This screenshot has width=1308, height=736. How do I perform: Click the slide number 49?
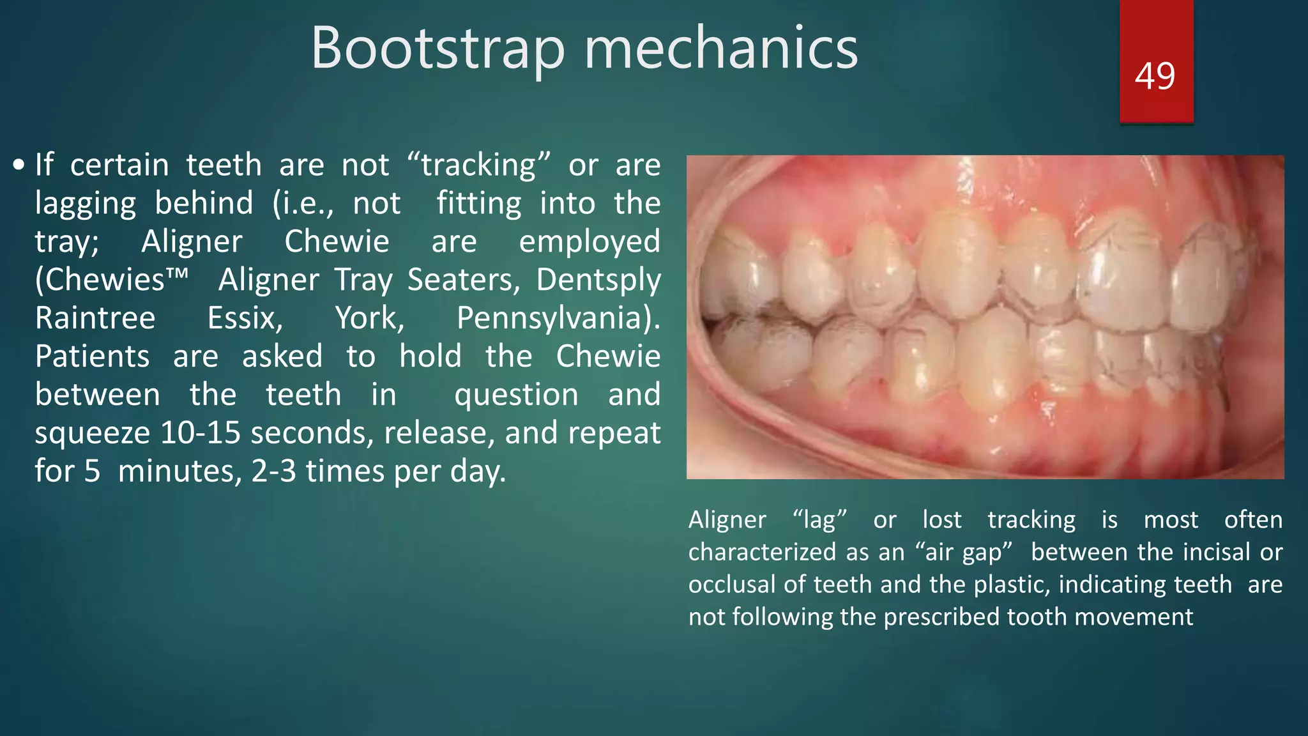click(1155, 76)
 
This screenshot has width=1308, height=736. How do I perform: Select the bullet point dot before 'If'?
click(19, 165)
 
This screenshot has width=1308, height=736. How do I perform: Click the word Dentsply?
click(598, 280)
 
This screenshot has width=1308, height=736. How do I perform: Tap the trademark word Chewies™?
click(112, 280)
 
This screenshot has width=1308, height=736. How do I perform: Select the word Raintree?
click(95, 318)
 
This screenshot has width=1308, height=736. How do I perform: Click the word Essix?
click(245, 318)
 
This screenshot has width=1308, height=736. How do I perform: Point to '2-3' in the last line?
click(274, 471)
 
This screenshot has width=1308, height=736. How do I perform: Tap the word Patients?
click(93, 356)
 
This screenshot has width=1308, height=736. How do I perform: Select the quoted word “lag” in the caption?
click(819, 520)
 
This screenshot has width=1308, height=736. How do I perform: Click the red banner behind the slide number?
click(1156, 26)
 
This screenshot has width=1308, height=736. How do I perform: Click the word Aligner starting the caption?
click(727, 520)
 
